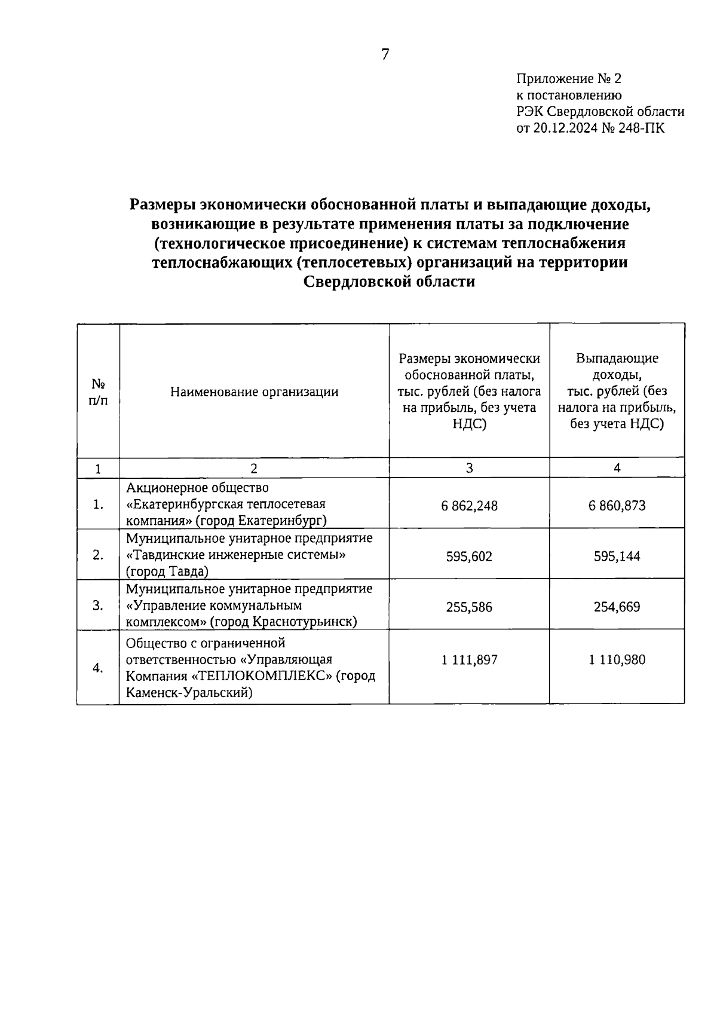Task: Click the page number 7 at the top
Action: [x=385, y=55]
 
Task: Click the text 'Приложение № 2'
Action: [x=569, y=79]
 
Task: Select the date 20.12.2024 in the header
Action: [x=564, y=128]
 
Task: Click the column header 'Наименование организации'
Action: [x=254, y=392]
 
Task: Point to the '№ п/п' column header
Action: [x=98, y=392]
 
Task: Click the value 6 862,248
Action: [x=469, y=506]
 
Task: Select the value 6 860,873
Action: [x=617, y=506]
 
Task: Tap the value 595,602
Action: [x=469, y=557]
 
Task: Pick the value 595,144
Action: [x=617, y=557]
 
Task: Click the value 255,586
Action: [x=469, y=607]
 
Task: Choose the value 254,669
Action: [x=617, y=607]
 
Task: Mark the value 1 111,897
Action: [x=469, y=660]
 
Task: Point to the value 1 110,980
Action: [x=617, y=660]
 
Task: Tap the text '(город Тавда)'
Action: [x=167, y=572]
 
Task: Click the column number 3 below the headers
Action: [x=469, y=468]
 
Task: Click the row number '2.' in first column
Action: [x=98, y=555]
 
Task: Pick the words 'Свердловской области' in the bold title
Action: [x=389, y=282]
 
